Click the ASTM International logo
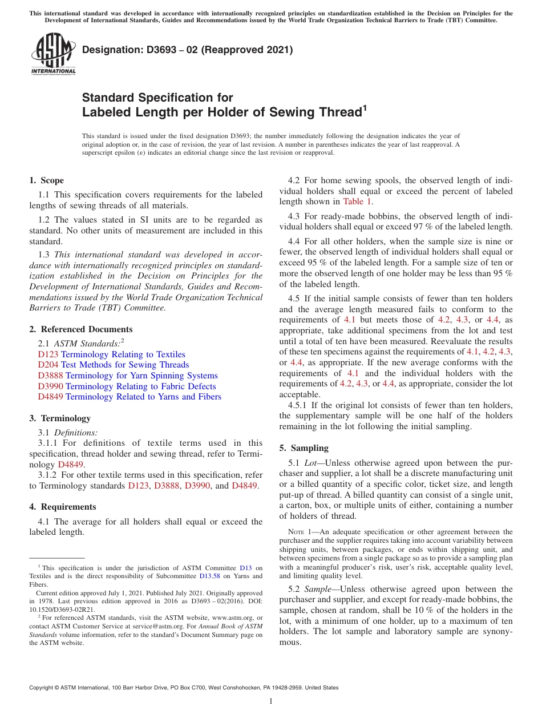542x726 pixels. [53, 54]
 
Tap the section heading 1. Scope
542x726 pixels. [46, 180]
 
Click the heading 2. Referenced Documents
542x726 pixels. [80, 329]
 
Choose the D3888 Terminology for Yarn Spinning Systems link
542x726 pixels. [128, 376]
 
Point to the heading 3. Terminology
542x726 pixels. [60, 418]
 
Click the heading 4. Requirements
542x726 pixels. [62, 507]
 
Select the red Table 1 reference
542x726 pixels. [357, 201]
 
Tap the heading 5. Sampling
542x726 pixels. [304, 448]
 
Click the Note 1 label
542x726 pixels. [302, 532]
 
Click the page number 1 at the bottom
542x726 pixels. [271, 701]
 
